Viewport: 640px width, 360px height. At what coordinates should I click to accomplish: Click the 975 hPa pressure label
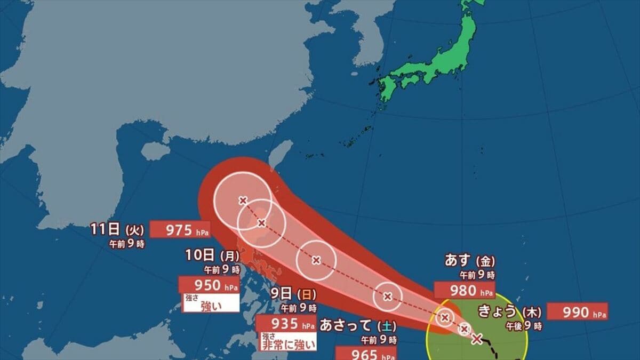tap(179, 230)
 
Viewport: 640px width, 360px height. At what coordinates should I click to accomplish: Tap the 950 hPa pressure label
tap(209, 285)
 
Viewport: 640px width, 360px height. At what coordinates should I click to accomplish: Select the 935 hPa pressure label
tap(286, 323)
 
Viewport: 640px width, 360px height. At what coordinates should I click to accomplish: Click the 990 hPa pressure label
tap(577, 311)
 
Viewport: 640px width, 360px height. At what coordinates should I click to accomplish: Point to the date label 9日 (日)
tap(293, 293)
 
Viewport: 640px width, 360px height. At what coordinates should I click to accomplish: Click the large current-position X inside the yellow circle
tap(477, 338)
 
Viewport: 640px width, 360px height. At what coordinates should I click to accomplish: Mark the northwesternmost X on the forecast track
tap(243, 201)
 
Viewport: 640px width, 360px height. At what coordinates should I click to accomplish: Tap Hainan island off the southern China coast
tap(155, 151)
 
